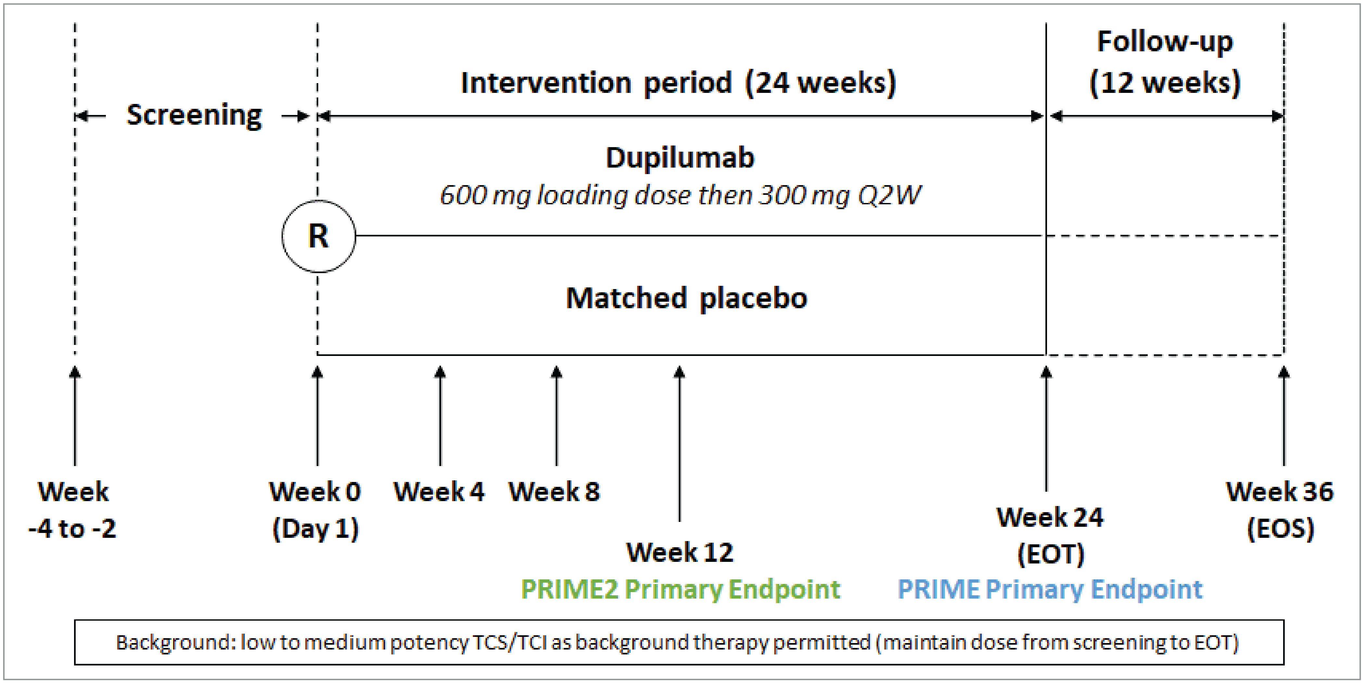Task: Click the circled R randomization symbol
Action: pyautogui.click(x=318, y=236)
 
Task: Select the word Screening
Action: pyautogui.click(x=194, y=115)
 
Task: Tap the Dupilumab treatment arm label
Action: pyautogui.click(x=680, y=158)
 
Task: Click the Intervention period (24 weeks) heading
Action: pyautogui.click(x=678, y=83)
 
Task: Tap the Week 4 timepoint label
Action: pyautogui.click(x=439, y=492)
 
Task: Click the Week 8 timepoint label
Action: pyautogui.click(x=554, y=492)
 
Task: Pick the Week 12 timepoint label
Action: pyautogui.click(x=680, y=552)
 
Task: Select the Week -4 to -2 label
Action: pyautogui.click(x=72, y=510)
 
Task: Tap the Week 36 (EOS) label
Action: pyautogui.click(x=1280, y=510)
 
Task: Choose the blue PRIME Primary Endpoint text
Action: pyautogui.click(x=1050, y=589)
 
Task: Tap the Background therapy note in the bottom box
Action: pyautogui.click(x=678, y=642)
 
